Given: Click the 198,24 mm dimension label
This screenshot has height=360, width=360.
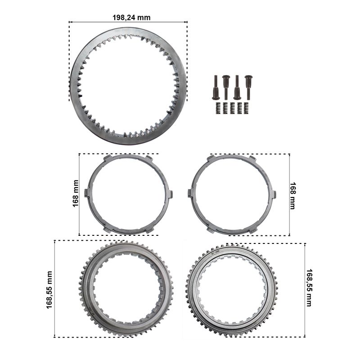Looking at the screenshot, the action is pos(131,18).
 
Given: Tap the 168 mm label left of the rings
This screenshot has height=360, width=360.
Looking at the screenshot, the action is pos(76,193).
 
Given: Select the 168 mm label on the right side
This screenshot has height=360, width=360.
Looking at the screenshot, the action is pos(293,196).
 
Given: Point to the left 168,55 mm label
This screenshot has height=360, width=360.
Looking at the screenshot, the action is pos(49,290).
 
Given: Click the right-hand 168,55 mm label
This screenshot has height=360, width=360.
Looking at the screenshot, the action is pos(309,288).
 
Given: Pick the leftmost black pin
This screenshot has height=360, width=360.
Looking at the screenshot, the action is pos(216,87).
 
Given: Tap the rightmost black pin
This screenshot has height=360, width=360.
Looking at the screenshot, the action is pos(248,87).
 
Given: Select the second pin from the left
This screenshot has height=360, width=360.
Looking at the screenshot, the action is pos(226,87).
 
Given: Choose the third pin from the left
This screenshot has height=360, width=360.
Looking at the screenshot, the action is pos(237,87).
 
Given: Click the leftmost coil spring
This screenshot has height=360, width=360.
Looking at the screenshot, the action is pos(218,108).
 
